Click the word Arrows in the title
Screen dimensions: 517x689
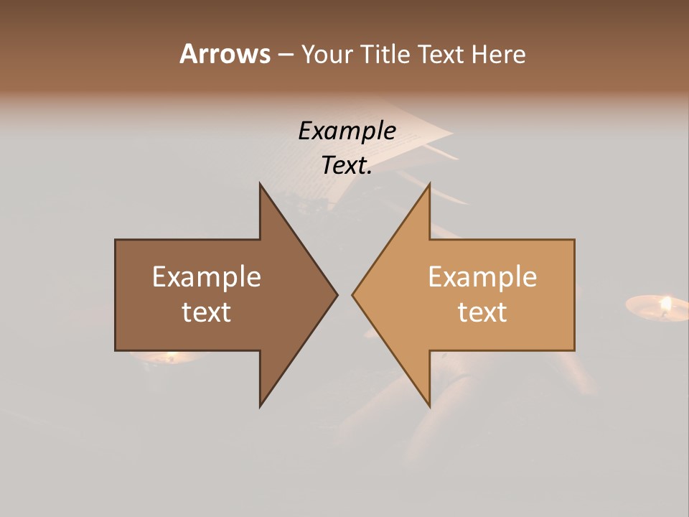[x=225, y=54]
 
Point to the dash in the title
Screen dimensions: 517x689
[x=285, y=55]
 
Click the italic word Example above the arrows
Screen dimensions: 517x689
[x=347, y=131]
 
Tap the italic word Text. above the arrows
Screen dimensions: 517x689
[x=347, y=166]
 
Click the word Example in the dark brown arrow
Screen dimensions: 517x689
[x=206, y=277]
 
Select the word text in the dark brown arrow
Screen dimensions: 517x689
[x=206, y=312]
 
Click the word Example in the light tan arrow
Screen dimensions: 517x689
[x=482, y=277]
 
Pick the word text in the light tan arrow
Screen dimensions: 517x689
[x=482, y=312]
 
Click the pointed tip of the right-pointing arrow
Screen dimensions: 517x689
[x=336, y=294]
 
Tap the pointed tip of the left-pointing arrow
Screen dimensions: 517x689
[x=354, y=294]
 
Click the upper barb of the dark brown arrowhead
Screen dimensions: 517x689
[x=262, y=188]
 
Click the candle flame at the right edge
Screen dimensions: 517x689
[x=665, y=304]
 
